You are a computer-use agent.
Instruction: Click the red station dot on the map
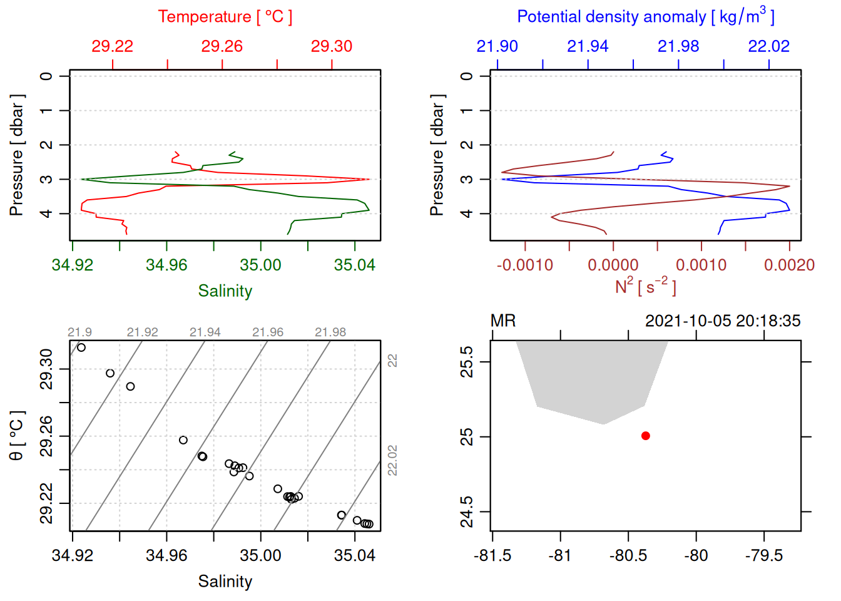coord(645,436)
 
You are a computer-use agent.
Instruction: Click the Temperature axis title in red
coord(225,17)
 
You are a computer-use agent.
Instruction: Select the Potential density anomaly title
coord(645,16)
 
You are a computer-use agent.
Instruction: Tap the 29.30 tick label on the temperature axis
coord(332,46)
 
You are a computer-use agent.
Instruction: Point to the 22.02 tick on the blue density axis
coord(769,46)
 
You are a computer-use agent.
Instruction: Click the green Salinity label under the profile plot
coord(225,291)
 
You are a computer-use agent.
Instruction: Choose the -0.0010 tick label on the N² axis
coord(525,265)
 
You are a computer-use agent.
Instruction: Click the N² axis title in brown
coord(645,286)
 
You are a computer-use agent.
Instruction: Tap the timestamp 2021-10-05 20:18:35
coord(723,321)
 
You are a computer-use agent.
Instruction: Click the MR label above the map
coord(503,321)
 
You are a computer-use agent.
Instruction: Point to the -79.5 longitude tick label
coord(763,556)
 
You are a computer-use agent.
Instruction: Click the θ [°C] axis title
coord(17,436)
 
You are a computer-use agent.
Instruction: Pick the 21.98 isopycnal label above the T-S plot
coord(330,332)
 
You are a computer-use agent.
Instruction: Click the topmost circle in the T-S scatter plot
coord(81,347)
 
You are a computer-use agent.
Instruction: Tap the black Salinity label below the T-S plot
coord(225,582)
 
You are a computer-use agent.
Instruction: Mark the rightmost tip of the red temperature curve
coord(369,180)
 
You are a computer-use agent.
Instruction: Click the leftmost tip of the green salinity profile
coord(82,180)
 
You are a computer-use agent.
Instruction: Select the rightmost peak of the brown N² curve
coord(789,186)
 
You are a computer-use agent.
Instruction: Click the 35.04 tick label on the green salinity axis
coord(354,265)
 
